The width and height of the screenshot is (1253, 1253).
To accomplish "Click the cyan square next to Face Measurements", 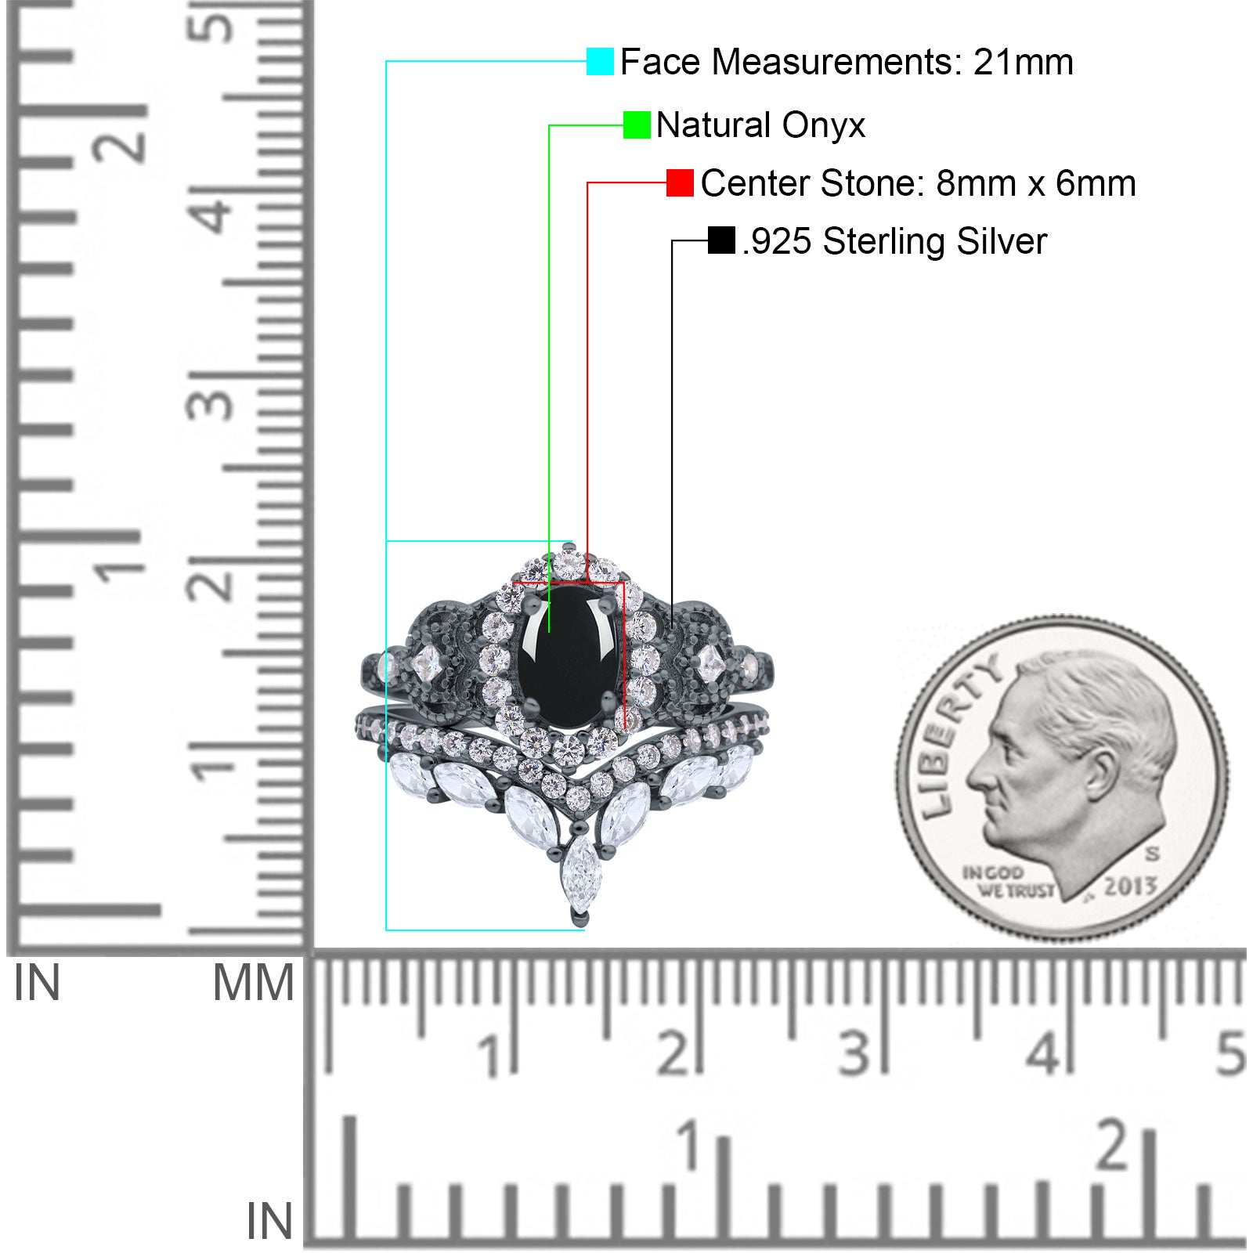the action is (x=600, y=62).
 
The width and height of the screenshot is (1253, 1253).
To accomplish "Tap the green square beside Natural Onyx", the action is (x=637, y=125).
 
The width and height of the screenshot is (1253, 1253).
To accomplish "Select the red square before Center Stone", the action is (x=680, y=183).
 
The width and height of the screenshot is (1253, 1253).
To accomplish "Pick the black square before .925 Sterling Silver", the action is (x=720, y=240).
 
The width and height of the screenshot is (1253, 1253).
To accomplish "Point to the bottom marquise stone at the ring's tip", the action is (x=580, y=873).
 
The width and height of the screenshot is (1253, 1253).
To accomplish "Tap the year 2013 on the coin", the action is (x=1131, y=885).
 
